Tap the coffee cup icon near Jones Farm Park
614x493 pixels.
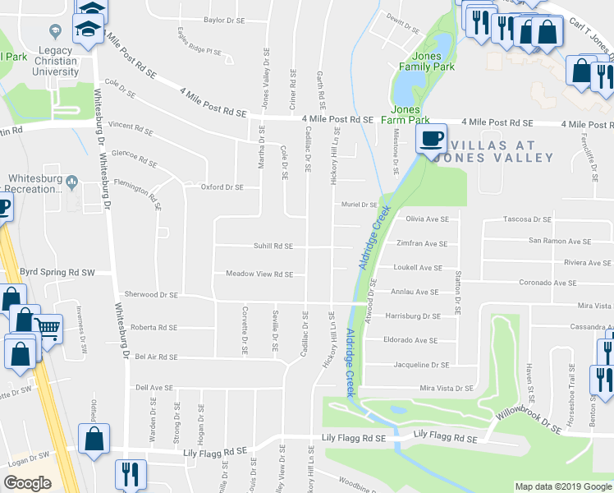431,139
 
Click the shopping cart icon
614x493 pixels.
48,329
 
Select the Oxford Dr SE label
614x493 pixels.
222,187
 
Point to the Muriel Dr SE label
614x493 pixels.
359,205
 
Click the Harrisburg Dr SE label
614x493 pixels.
414,316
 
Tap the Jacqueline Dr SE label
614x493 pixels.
422,365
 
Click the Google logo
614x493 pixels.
28,483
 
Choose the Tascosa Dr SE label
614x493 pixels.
527,220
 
